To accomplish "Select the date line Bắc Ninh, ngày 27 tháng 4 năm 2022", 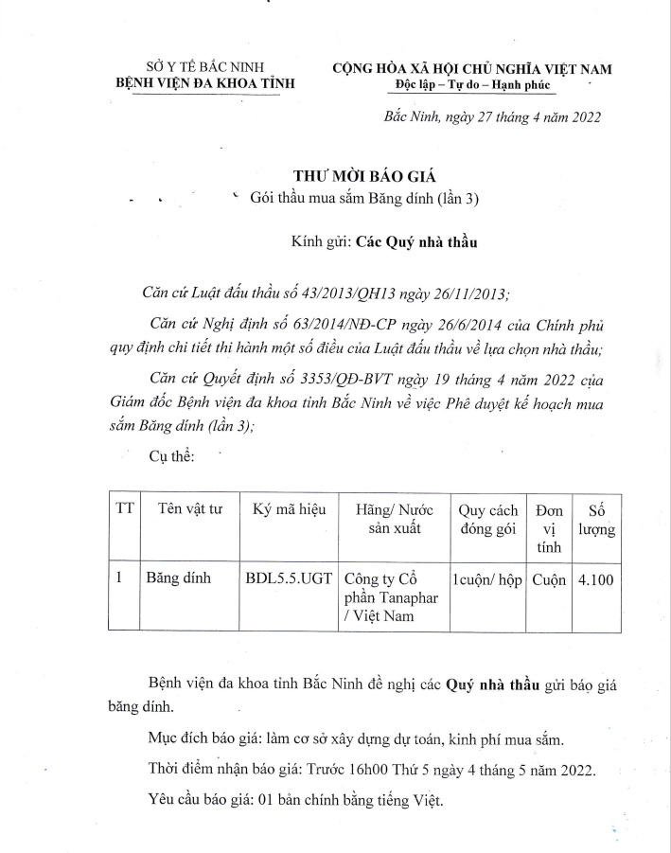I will pos(491,117).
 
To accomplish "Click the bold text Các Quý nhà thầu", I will pos(417,241).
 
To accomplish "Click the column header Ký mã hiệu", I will pos(289,508).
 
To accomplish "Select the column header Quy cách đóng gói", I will pos(487,518).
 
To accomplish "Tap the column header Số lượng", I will pos(596,519).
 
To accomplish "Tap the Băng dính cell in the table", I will pos(177,577).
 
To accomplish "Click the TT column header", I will pos(125,508).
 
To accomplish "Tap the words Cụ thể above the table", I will pos(171,456).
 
